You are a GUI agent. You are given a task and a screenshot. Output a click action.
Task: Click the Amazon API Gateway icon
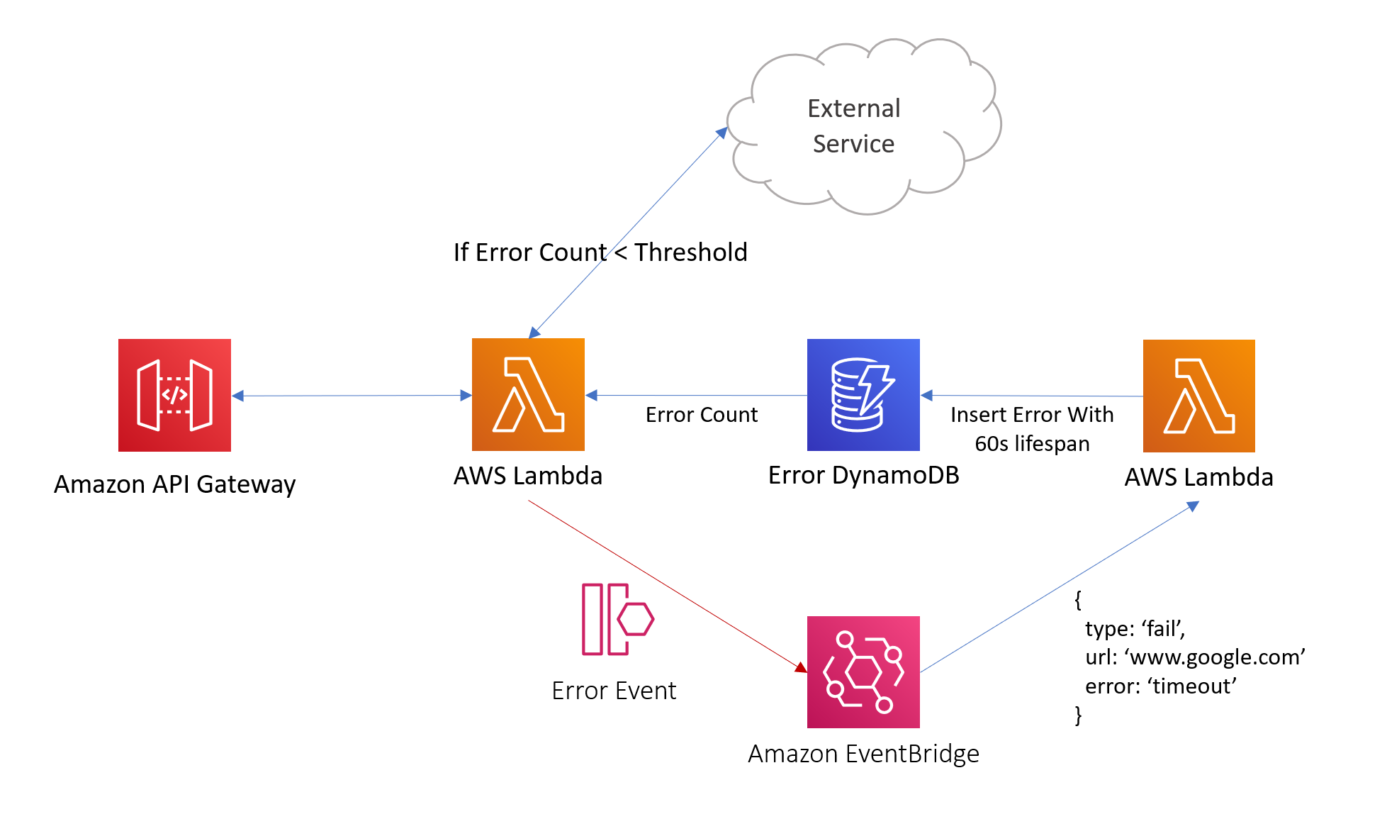(x=174, y=395)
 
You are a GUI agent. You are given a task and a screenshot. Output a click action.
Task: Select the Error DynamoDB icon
(x=863, y=395)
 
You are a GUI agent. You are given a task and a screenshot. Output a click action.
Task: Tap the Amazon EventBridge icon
(x=863, y=672)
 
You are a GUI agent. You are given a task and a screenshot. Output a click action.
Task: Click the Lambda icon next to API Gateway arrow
(x=528, y=394)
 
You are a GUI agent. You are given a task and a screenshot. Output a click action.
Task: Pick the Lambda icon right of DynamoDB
(x=1198, y=396)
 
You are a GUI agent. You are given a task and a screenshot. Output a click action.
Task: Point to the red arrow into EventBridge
(x=666, y=585)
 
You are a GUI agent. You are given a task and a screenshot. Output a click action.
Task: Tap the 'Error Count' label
(x=701, y=415)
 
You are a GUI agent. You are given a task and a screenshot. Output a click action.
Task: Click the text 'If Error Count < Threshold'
(x=600, y=252)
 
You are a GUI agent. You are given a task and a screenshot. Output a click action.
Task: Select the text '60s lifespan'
(x=1032, y=444)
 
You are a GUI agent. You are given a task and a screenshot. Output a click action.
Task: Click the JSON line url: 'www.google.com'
(x=1195, y=657)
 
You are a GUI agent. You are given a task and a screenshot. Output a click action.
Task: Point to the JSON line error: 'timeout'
(x=1160, y=686)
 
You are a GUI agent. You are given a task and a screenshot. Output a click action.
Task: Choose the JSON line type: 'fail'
(x=1135, y=629)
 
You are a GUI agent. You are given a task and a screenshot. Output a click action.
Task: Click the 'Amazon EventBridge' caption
(x=863, y=753)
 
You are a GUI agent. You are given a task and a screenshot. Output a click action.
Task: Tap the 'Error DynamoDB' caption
(x=863, y=475)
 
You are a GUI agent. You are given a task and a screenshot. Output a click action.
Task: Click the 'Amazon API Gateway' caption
(x=174, y=484)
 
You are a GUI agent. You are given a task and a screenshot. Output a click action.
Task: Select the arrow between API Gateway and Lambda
(x=351, y=396)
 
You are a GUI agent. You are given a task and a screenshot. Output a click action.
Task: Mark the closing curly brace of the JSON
(x=1078, y=715)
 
